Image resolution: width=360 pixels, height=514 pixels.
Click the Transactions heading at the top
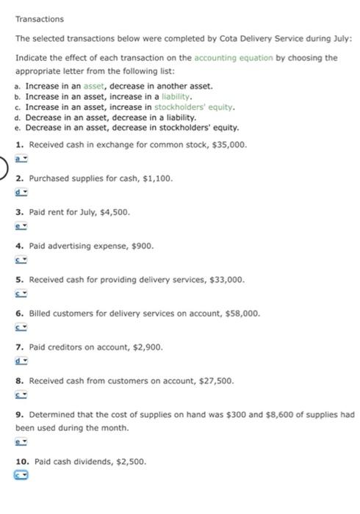tap(39, 18)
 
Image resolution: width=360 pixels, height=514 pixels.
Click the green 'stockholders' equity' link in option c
tap(194, 106)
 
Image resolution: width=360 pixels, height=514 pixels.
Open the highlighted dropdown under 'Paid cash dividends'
tap(21, 476)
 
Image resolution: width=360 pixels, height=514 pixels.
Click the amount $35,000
tap(228, 145)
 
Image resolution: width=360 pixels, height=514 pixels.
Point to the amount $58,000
tap(240, 313)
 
